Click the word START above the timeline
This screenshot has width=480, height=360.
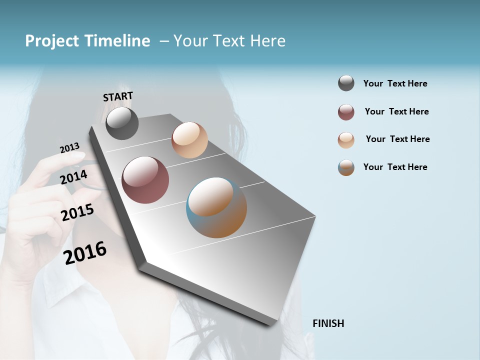(x=118, y=96)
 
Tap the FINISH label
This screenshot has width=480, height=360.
(x=328, y=323)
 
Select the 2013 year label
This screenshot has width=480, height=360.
(x=69, y=148)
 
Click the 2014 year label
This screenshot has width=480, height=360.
(x=74, y=177)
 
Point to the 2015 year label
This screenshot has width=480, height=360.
(x=77, y=212)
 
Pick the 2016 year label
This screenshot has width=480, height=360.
(x=85, y=252)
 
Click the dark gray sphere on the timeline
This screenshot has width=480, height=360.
(x=122, y=123)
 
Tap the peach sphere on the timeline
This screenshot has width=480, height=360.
(x=189, y=140)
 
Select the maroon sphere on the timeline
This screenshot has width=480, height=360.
(x=145, y=180)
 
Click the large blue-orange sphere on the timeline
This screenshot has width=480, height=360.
(x=216, y=207)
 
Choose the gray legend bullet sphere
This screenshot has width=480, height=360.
(x=346, y=83)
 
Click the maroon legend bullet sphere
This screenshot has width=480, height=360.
(x=346, y=112)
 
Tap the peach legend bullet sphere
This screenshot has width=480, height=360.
(x=346, y=140)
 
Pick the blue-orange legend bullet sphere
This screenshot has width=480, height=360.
(x=346, y=167)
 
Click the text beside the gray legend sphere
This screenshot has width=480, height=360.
(x=395, y=83)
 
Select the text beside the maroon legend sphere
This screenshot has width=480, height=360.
(x=396, y=111)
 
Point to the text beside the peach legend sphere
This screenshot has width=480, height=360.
(x=397, y=139)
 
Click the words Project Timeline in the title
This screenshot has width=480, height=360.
(x=87, y=41)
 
